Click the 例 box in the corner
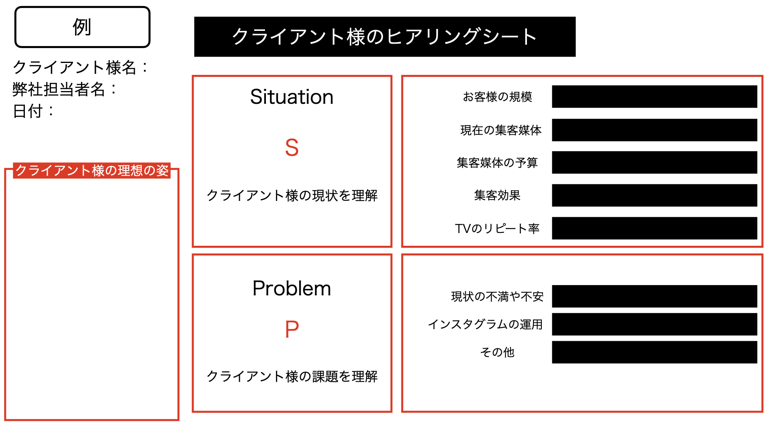click(82, 27)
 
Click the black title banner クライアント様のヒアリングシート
click(385, 36)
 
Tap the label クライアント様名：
click(80, 67)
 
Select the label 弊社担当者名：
click(65, 89)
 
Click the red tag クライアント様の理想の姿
click(92, 170)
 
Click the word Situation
click(292, 97)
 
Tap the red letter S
click(292, 147)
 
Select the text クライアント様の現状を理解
click(292, 195)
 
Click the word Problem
click(292, 288)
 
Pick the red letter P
click(292, 329)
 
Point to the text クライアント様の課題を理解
click(292, 376)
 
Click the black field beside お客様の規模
click(654, 97)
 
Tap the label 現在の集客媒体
click(501, 130)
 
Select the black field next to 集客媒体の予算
click(654, 162)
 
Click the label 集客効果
click(497, 195)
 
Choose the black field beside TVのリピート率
click(654, 228)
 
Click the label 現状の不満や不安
click(497, 296)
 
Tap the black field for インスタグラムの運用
click(654, 324)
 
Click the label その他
click(497, 352)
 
